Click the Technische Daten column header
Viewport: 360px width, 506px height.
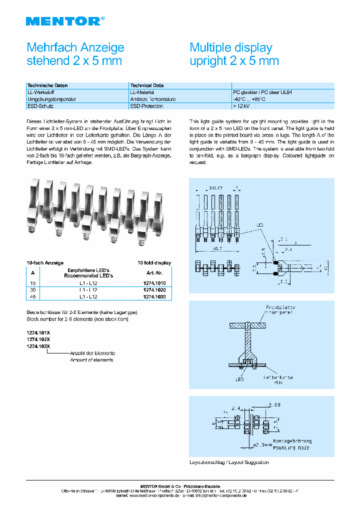click(47, 85)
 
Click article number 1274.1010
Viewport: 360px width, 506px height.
click(154, 283)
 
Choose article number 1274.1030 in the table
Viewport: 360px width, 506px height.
click(154, 297)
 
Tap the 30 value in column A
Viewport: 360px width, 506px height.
click(33, 290)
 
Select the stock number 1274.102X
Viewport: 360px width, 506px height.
click(38, 339)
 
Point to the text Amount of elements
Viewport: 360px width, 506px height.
click(91, 360)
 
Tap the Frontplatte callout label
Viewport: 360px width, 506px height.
click(280, 307)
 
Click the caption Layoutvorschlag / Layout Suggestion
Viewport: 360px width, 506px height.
click(229, 462)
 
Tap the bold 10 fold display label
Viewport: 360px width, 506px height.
click(154, 262)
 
